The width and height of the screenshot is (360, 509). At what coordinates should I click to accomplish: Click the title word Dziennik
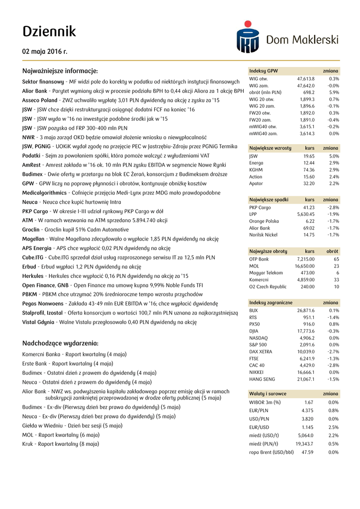49,32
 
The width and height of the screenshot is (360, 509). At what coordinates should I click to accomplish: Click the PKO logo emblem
247,36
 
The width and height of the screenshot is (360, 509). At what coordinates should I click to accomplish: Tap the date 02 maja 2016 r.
45,51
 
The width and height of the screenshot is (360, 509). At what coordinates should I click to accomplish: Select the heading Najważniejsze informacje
60,71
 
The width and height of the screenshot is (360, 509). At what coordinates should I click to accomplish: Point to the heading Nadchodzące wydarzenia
60,343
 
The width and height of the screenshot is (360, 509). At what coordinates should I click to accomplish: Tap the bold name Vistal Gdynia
38,322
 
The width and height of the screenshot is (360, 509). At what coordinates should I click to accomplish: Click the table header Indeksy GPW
264,71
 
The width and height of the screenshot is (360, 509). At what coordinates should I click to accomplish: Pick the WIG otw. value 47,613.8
306,79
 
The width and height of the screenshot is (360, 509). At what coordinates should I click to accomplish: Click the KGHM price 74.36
309,170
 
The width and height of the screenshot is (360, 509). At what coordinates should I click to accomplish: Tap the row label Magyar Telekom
266,273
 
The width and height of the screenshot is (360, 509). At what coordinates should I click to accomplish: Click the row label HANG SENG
262,379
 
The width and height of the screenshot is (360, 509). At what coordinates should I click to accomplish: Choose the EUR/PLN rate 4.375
307,411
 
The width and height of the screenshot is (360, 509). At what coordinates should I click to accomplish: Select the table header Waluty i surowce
268,394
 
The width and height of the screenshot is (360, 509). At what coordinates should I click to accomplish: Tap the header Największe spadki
269,200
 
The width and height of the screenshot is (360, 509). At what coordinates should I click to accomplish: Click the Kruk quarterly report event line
61,444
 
